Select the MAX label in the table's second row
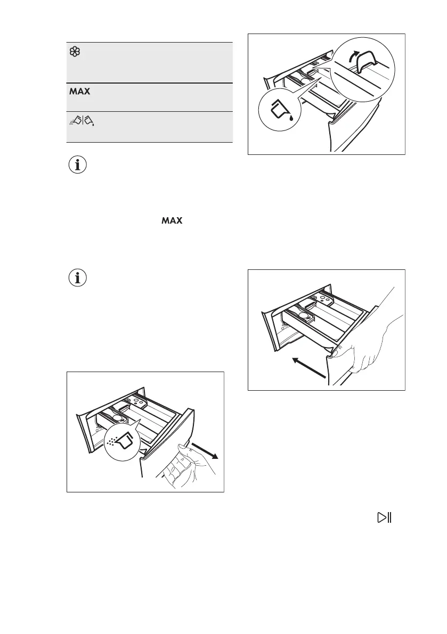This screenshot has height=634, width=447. tap(79, 92)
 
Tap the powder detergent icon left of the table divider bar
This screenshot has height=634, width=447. tap(75, 122)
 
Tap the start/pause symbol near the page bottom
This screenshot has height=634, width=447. tap(384, 517)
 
